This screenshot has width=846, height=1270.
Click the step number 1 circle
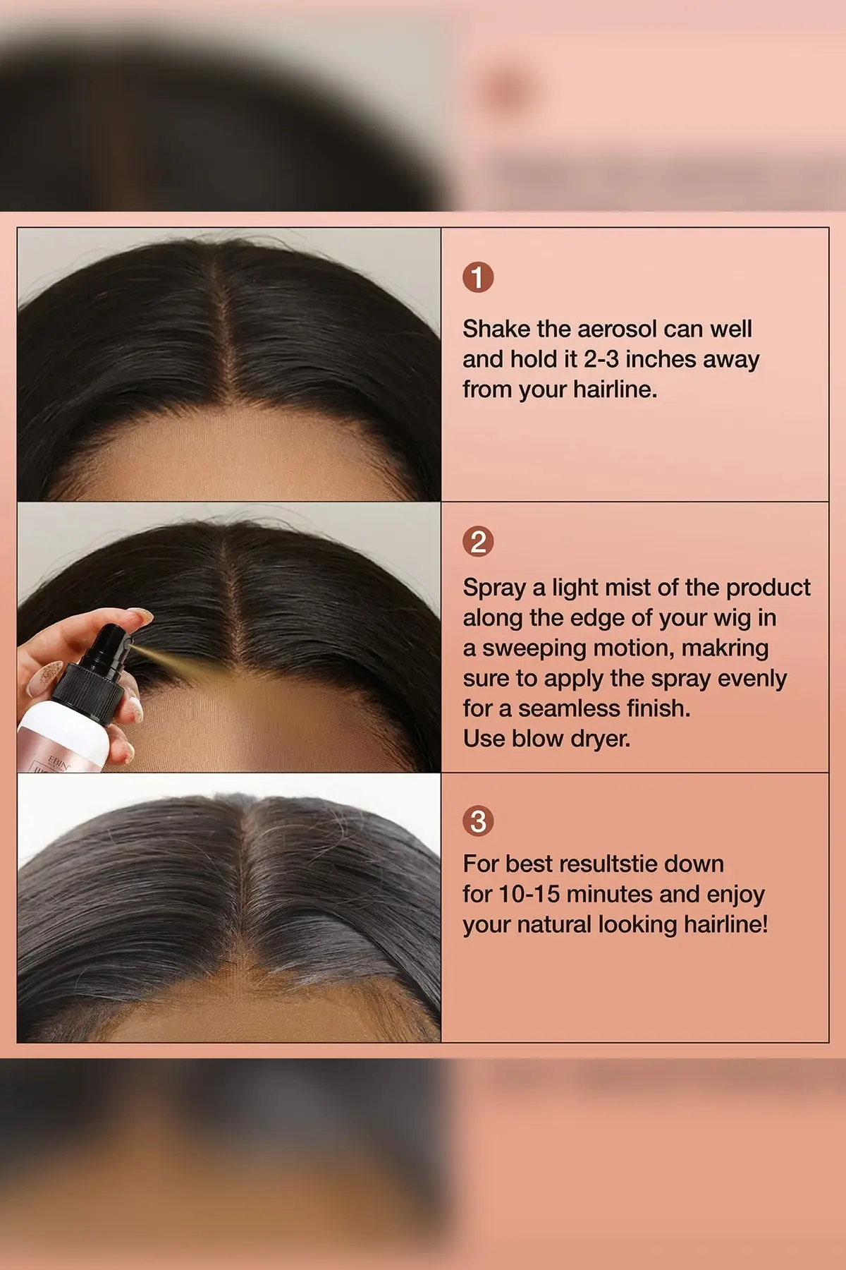tap(478, 277)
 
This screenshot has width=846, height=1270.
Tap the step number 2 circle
tap(478, 542)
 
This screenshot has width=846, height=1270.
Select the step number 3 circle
tap(478, 821)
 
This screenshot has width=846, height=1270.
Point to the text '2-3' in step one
tap(601, 359)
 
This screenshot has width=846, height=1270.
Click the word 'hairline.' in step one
tap(615, 389)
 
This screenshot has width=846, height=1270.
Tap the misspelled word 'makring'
tap(725, 648)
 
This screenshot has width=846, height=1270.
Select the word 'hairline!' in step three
tap(725, 924)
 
